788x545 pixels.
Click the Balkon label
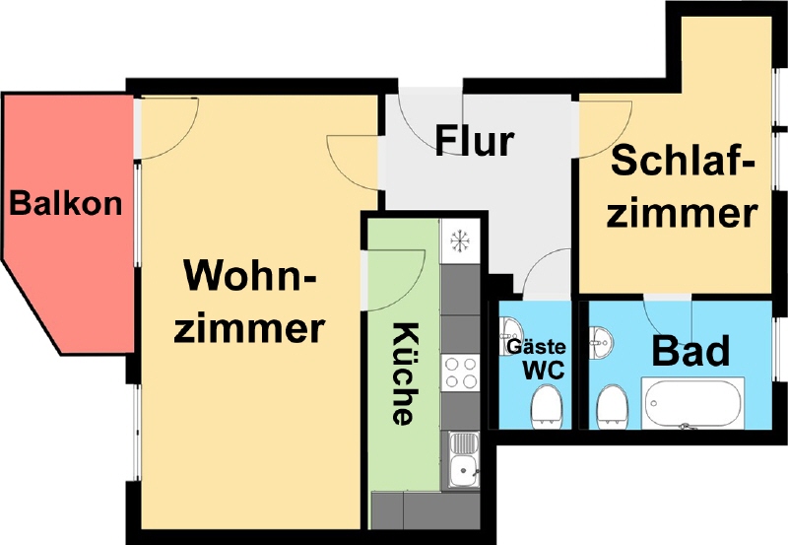coord(66,204)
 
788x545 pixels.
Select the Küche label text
coord(404,374)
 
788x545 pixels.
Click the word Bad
coord(690,351)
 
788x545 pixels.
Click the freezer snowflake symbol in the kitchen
coord(460,240)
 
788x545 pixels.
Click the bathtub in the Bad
coord(693,403)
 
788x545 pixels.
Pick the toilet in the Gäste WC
coord(547,406)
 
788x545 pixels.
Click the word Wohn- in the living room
coord(250,276)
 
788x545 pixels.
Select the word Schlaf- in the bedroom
coord(683,160)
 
